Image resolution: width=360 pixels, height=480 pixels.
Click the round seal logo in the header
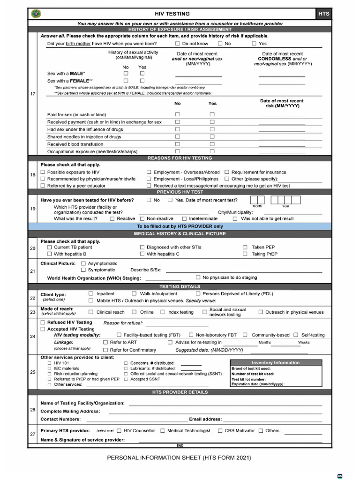36,14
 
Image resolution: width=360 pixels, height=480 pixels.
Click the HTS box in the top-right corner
324,14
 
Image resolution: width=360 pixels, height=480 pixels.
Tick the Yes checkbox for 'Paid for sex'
212,114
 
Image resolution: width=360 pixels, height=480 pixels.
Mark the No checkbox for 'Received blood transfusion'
178,144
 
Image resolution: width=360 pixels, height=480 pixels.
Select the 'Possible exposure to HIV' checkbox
43,172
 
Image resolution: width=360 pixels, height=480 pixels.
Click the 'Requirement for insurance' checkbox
227,172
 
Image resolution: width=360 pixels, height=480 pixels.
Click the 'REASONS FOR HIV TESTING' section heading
180,158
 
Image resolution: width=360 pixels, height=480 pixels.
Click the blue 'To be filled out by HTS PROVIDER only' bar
180,226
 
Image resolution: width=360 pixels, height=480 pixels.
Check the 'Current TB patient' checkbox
49,247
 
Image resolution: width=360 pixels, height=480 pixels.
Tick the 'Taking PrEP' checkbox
245,254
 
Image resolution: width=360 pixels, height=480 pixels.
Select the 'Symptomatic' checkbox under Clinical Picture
83,270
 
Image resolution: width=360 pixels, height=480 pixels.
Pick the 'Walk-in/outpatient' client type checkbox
134,293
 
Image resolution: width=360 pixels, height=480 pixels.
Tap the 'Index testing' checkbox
163,312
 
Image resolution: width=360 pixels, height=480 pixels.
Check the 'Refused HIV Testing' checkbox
43,322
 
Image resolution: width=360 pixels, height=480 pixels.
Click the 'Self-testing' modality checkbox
296,335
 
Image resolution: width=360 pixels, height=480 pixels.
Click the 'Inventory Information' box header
276,362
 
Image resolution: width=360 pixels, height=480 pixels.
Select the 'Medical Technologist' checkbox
163,430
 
